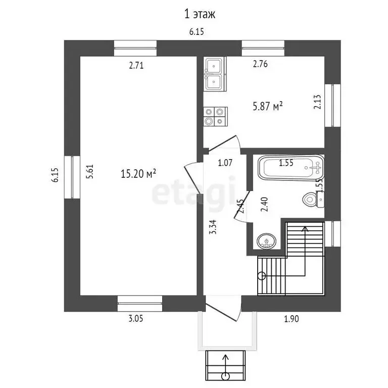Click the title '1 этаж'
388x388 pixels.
click(200, 14)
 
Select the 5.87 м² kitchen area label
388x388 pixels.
click(267, 106)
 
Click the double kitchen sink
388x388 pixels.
click(215, 74)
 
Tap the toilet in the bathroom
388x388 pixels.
click(312, 199)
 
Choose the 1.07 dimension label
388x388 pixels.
click(224, 163)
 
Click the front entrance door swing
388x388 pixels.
click(224, 309)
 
